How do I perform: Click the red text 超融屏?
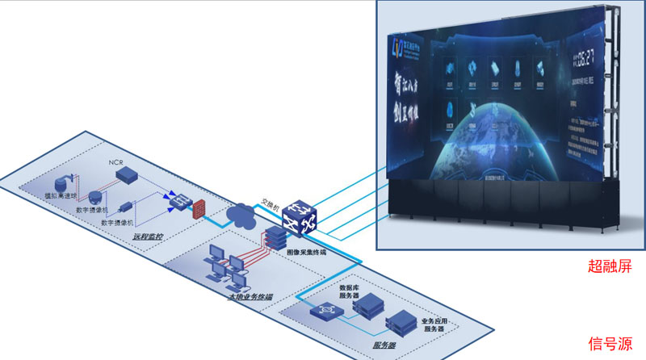click(610, 266)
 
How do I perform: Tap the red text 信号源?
click(610, 342)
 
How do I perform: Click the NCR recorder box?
click(127, 176)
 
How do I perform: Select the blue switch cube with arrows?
click(296, 216)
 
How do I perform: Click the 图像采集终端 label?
click(307, 252)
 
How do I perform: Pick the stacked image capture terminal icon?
click(275, 237)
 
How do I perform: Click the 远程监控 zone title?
click(147, 237)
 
